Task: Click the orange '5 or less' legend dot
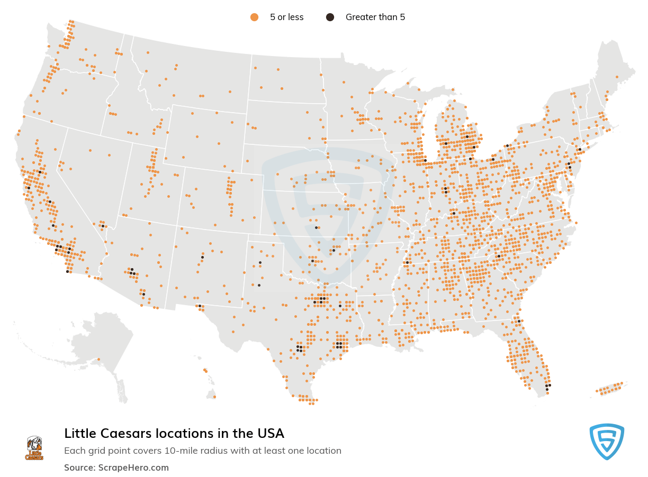click(x=254, y=17)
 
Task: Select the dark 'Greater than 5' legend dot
click(x=330, y=17)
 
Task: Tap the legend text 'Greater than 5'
click(x=375, y=17)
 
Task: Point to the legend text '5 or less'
click(x=286, y=17)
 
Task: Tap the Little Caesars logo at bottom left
click(x=34, y=448)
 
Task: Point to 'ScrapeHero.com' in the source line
click(x=133, y=467)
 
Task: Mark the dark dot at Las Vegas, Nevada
click(x=103, y=226)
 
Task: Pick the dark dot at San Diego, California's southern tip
click(x=67, y=271)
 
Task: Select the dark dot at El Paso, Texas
click(x=200, y=306)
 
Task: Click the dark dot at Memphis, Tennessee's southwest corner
click(x=407, y=262)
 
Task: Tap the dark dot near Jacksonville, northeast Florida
click(x=519, y=321)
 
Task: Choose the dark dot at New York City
click(x=580, y=149)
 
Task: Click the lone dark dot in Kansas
click(x=316, y=228)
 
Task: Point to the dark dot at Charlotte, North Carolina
click(x=499, y=256)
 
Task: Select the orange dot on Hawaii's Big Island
click(x=214, y=397)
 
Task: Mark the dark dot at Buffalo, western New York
click(x=507, y=145)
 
